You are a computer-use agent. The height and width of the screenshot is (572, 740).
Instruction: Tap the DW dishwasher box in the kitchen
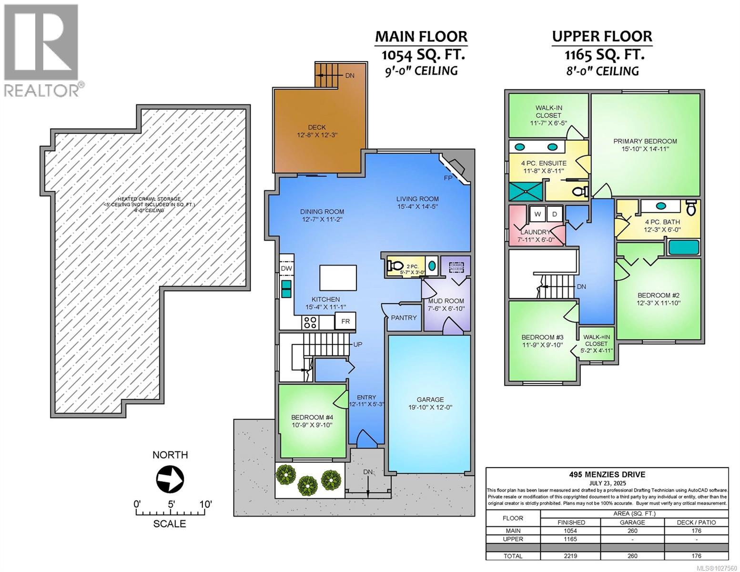tap(286, 269)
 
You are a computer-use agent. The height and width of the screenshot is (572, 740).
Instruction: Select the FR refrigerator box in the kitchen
tap(345, 321)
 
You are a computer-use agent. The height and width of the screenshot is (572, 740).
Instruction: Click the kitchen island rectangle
tap(338, 277)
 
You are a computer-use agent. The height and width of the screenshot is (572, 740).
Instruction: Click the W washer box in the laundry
tap(537, 214)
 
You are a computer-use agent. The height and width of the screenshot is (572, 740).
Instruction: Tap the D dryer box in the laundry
tap(554, 214)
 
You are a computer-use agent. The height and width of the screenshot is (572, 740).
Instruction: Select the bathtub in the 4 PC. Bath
tap(684, 247)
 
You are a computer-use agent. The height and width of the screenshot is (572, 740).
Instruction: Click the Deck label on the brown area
tap(316, 127)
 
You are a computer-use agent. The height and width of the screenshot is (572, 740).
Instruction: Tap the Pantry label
tap(404, 317)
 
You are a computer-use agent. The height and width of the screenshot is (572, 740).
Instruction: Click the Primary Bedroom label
tap(645, 141)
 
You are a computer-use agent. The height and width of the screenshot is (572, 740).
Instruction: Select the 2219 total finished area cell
tap(570, 556)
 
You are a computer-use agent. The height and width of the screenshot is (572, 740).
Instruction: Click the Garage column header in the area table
tap(632, 522)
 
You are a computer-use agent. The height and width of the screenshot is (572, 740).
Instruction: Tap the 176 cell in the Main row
tap(696, 531)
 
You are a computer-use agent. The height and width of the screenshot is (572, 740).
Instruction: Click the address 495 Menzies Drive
tap(607, 474)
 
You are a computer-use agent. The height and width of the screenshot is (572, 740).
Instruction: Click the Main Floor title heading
tap(421, 37)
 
